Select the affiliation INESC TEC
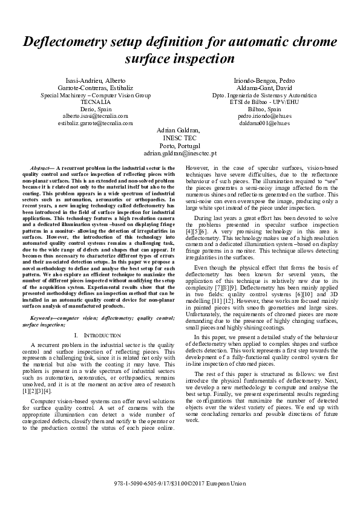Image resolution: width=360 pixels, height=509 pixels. click(180, 138)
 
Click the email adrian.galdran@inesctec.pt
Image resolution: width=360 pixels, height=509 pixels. click(180, 154)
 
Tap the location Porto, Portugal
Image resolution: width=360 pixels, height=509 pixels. click(180, 146)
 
